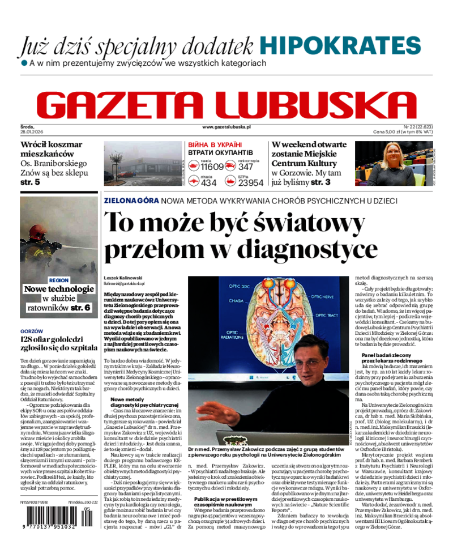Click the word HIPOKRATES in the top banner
click(341, 45)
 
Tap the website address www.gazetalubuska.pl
click(226, 127)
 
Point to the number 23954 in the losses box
click(250, 182)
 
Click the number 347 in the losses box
click(246, 167)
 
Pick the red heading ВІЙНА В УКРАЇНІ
click(215, 145)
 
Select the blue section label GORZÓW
click(31, 330)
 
